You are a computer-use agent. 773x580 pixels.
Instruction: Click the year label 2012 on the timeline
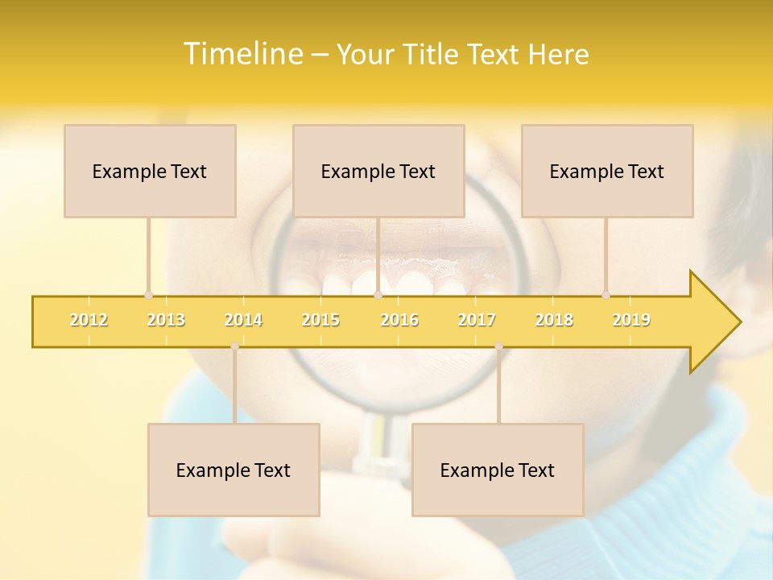click(x=89, y=320)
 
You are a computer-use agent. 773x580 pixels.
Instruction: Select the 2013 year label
click(x=166, y=320)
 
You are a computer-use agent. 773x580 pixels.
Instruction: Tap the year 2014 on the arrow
click(x=243, y=320)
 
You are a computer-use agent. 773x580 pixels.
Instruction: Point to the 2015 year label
click(x=320, y=320)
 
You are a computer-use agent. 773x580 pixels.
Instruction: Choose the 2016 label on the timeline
click(x=399, y=320)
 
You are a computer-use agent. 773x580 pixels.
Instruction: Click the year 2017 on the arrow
click(x=477, y=320)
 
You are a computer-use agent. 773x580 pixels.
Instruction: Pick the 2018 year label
click(x=554, y=320)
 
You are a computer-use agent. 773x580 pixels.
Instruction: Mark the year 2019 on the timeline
click(x=631, y=320)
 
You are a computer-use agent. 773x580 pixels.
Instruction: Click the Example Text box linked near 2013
click(x=150, y=171)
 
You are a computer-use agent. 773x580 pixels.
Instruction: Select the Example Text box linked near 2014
click(x=234, y=470)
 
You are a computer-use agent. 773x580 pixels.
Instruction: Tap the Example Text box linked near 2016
click(x=378, y=171)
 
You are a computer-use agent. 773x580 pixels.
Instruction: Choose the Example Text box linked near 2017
click(x=498, y=470)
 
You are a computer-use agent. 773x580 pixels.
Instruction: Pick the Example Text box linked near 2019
click(x=607, y=171)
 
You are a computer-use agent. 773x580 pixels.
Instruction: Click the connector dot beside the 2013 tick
click(x=148, y=295)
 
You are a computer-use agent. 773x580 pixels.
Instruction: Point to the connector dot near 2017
click(x=498, y=346)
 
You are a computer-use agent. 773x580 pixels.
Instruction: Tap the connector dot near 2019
click(x=606, y=295)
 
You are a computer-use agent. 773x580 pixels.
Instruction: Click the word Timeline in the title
click(x=242, y=54)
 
